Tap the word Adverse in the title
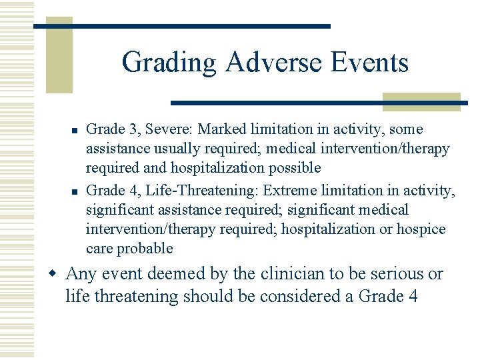[274, 62]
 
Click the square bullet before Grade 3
[75, 131]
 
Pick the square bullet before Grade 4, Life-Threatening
[75, 192]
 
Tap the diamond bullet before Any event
[53, 273]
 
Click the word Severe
[169, 129]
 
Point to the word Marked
[222, 129]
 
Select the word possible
[295, 169]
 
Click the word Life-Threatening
[200, 191]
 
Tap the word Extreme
[289, 191]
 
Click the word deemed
[176, 273]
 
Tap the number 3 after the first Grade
[133, 129]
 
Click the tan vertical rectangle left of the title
[59, 55]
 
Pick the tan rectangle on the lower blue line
[421, 102]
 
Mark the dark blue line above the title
[182, 26]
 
